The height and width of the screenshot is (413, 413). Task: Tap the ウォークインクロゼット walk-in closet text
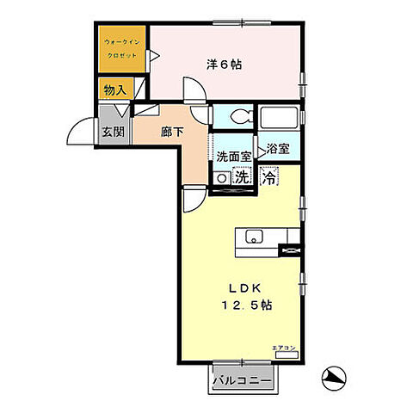pos(121,46)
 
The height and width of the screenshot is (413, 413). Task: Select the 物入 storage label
pos(114,89)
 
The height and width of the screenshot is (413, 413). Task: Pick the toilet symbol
pos(235,116)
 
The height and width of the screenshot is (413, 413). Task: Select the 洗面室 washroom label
pos(233,157)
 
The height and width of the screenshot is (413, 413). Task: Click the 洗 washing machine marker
pos(243,178)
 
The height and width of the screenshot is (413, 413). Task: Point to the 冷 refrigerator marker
pos(269,179)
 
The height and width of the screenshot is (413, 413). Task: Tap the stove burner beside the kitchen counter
pos(291,250)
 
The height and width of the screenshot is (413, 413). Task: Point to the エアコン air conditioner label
pos(283,347)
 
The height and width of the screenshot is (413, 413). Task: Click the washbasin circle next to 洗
pos(222,178)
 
